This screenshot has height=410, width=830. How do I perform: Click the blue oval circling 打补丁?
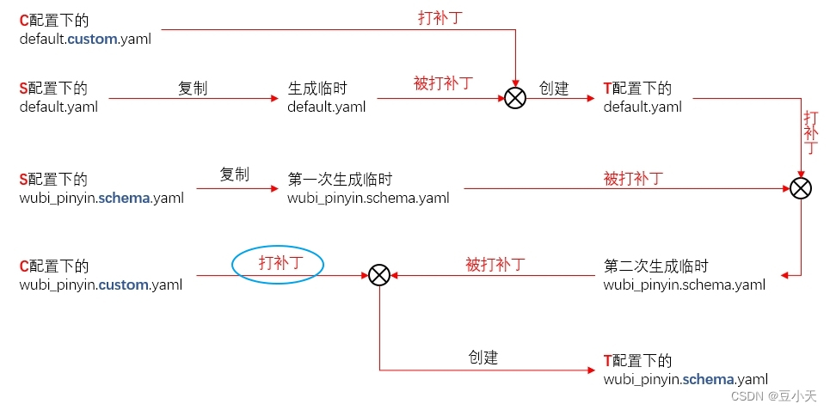[x=277, y=264]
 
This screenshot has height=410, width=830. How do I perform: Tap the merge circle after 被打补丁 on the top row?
[x=514, y=98]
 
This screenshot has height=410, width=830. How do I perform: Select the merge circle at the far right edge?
[x=801, y=188]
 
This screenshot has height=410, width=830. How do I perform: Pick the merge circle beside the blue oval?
[x=379, y=275]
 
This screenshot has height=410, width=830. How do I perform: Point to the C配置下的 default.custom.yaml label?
[x=85, y=29]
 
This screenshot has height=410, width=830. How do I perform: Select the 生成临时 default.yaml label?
[x=327, y=97]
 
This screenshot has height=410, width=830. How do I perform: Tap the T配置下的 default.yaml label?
[x=642, y=97]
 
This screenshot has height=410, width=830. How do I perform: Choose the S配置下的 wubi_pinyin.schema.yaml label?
[x=101, y=189]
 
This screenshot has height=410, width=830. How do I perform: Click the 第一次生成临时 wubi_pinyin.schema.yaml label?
[x=368, y=189]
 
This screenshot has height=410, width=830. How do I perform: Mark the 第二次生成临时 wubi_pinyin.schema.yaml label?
[x=685, y=275]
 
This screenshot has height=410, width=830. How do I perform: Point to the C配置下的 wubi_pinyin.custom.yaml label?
[x=101, y=275]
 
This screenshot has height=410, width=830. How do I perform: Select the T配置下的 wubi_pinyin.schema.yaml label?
[x=685, y=370]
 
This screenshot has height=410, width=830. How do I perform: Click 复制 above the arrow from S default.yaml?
[x=193, y=88]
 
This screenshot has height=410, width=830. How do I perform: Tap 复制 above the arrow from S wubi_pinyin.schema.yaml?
[x=234, y=174]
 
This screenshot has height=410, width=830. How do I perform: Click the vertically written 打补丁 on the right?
[x=811, y=132]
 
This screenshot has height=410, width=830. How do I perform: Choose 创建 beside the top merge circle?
[x=554, y=89]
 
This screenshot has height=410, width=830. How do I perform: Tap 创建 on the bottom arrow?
[x=483, y=358]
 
